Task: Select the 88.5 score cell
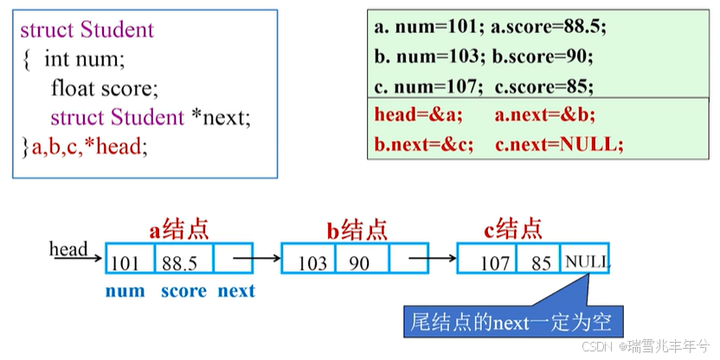click(180, 262)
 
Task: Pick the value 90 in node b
click(359, 262)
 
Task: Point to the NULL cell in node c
click(587, 260)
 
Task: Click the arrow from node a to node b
click(257, 257)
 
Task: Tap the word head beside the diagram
click(68, 249)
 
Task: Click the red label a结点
click(179, 229)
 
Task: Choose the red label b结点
click(357, 229)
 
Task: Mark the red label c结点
click(513, 229)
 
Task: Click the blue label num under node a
click(125, 291)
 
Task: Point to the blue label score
click(183, 291)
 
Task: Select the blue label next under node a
click(235, 291)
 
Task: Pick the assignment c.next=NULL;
click(559, 144)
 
